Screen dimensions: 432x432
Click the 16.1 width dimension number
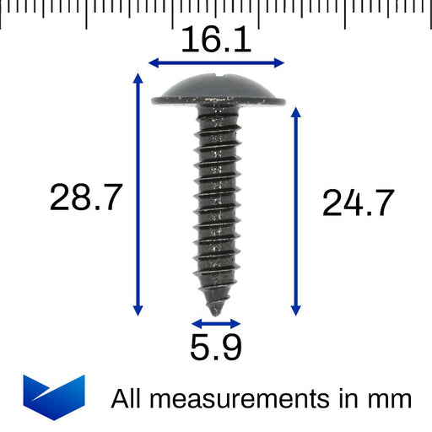tap(216, 40)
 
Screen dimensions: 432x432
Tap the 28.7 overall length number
tap(86, 198)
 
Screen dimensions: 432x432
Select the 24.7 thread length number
tap(358, 203)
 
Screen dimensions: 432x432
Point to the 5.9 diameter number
tap(216, 348)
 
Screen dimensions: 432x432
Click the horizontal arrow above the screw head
tap(216, 62)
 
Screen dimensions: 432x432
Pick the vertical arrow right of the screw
tap(295, 211)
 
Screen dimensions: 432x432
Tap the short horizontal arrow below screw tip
tap(216, 323)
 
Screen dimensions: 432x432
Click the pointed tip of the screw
tap(217, 310)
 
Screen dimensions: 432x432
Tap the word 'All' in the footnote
tap(127, 397)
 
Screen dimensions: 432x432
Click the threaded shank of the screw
tap(216, 202)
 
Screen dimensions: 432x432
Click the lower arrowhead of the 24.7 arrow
tap(295, 310)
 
